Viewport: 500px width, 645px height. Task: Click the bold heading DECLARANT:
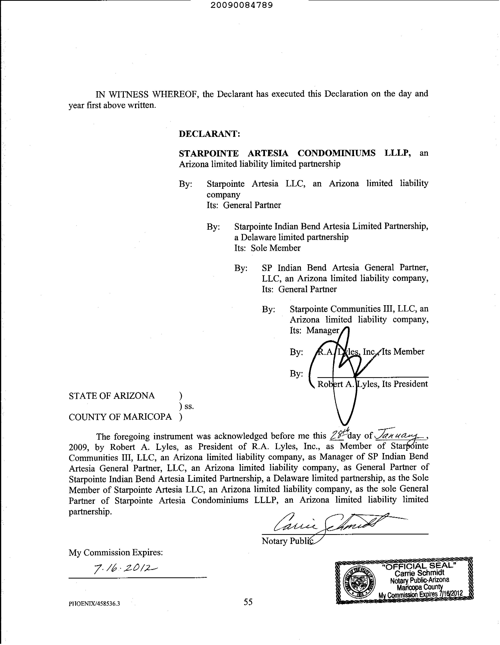209,134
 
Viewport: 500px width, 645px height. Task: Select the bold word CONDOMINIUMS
336,153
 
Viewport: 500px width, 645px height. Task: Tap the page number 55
248,602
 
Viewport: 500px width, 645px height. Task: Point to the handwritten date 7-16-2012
125,567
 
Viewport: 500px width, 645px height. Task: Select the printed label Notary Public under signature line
286,541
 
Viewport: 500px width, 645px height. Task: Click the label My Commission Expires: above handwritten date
116,552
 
